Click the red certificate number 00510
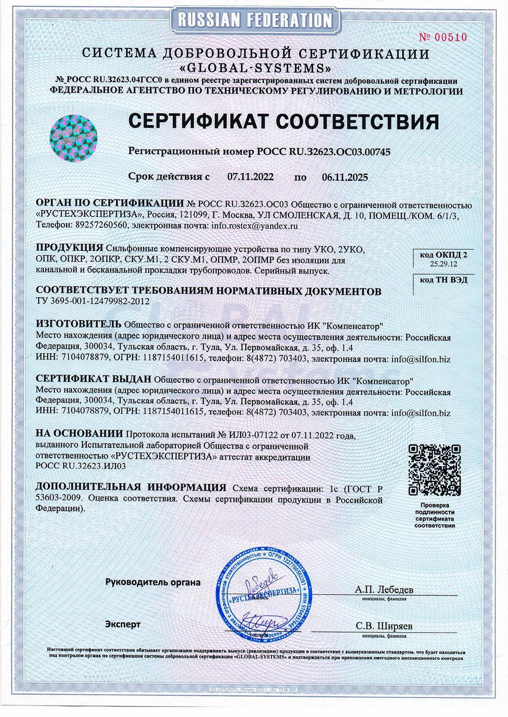[x=449, y=38]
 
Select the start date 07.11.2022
[x=251, y=177]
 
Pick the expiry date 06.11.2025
[x=345, y=177]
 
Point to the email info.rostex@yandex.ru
[x=254, y=226]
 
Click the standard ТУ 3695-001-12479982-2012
[x=93, y=302]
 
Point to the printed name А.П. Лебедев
[x=384, y=590]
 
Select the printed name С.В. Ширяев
[x=384, y=626]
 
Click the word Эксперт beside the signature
[x=122, y=624]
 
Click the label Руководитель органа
[x=153, y=582]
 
